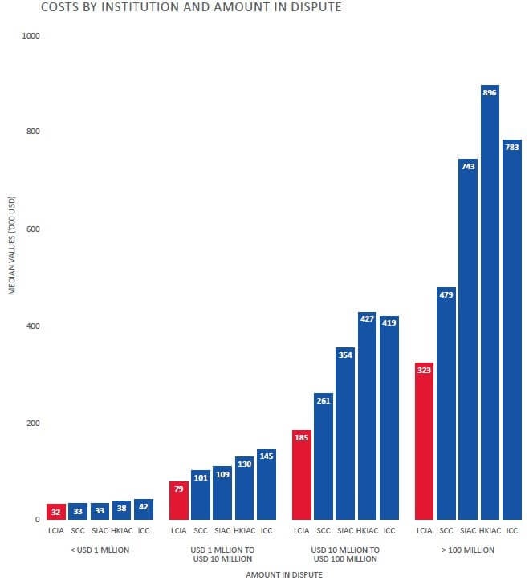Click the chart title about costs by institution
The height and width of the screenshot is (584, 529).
169,8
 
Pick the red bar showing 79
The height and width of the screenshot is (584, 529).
179,501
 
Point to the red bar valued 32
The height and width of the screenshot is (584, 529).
56,511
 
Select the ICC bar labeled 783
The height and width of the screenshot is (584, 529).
511,330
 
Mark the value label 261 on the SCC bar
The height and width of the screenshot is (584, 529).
324,399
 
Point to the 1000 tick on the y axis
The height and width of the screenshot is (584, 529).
31,36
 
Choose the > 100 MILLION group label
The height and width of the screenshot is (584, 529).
467,550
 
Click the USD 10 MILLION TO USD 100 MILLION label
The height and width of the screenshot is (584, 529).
344,554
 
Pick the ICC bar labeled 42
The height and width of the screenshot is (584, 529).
143,509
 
